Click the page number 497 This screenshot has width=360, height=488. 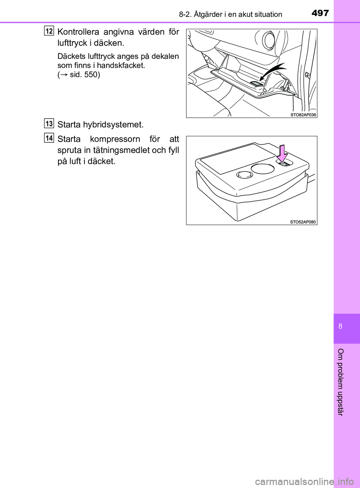[x=320, y=13]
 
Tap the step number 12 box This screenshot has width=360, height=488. [x=49, y=30]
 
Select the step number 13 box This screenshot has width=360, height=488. [x=49, y=123]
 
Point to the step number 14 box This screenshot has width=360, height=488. [x=49, y=138]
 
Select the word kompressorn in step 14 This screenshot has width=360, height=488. [x=115, y=139]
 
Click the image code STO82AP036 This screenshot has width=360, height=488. [x=303, y=115]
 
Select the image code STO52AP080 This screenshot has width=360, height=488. [x=303, y=222]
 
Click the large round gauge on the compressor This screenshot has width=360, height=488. [x=262, y=168]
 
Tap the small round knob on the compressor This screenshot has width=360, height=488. [x=244, y=174]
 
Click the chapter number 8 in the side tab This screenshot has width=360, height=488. [x=340, y=326]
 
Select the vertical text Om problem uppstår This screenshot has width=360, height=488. [x=340, y=382]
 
